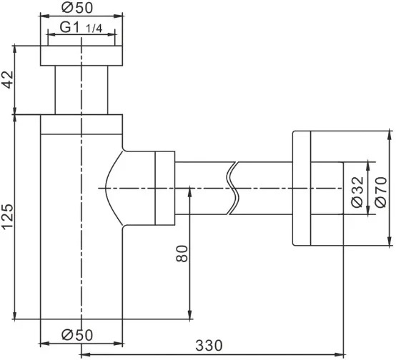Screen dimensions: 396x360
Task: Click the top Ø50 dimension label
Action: [x=77, y=8]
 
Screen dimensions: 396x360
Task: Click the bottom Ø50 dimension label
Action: [x=77, y=335]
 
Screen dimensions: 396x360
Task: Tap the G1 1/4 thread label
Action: [x=81, y=28]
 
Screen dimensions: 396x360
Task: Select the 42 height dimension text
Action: [x=8, y=79]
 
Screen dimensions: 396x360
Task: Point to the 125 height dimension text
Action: [x=8, y=216]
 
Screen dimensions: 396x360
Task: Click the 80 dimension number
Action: [x=182, y=254]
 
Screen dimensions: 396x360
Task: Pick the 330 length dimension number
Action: [x=209, y=346]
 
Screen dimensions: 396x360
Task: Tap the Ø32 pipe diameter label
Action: [x=357, y=192]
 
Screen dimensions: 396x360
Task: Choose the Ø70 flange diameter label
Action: [x=381, y=192]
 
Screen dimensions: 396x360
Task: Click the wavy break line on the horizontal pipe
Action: [x=233, y=188]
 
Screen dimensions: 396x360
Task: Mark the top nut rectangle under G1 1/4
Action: [x=81, y=56]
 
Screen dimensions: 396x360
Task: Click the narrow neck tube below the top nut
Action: [x=81, y=90]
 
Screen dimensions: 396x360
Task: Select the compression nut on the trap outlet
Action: [x=164, y=188]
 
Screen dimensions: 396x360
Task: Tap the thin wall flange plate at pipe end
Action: [x=302, y=188]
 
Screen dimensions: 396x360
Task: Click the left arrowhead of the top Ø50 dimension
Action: [x=46, y=16]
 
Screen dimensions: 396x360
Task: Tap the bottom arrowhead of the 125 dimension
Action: [x=15, y=314]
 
